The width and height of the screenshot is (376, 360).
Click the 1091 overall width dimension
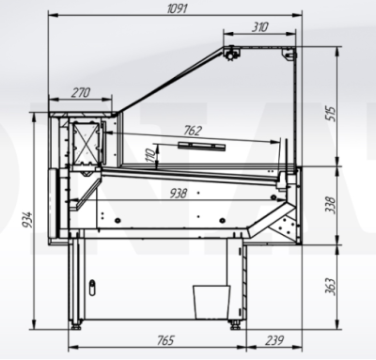(177, 8)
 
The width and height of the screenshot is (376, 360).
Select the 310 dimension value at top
(259, 27)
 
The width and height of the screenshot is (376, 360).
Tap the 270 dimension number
(81, 92)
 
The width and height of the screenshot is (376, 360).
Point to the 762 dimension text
(192, 131)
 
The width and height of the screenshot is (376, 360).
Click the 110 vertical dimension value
(150, 155)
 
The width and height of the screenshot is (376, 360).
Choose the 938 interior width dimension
(178, 194)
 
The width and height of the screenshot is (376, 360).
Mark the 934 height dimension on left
(27, 220)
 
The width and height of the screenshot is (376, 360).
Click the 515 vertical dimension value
(330, 114)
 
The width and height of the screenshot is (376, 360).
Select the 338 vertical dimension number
(330, 205)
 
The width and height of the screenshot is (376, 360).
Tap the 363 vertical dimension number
(330, 286)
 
